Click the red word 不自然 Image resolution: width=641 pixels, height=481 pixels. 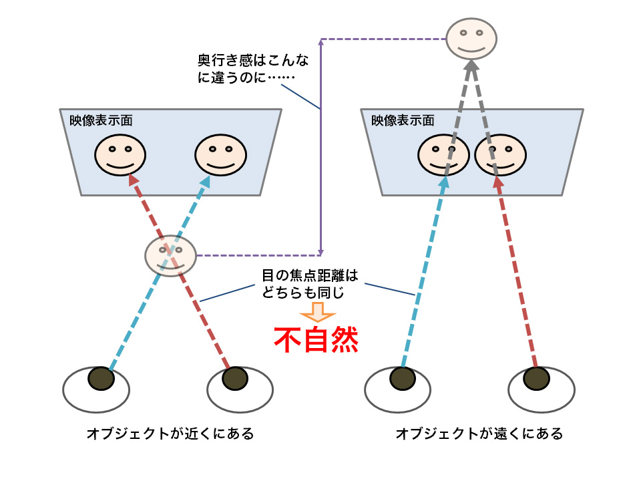pyautogui.click(x=316, y=340)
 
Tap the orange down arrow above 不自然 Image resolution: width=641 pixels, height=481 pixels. pyautogui.click(x=316, y=313)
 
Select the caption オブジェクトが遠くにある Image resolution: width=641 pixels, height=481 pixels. pyautogui.click(x=479, y=434)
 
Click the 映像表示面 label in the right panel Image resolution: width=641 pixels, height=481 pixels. pyautogui.click(x=403, y=121)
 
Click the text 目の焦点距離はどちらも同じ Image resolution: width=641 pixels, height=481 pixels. pyautogui.click(x=305, y=283)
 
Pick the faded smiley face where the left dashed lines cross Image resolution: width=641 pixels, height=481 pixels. pyautogui.click(x=171, y=255)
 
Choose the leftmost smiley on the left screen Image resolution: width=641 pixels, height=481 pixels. pyautogui.click(x=120, y=155)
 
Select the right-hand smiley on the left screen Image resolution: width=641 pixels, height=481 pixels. pyautogui.click(x=220, y=155)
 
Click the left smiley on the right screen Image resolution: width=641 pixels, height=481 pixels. pyautogui.click(x=443, y=155)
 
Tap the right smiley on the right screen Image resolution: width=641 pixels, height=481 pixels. pyautogui.click(x=500, y=155)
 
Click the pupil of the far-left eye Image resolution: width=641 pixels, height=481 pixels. pyautogui.click(x=101, y=378)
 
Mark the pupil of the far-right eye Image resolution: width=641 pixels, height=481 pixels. pyautogui.click(x=536, y=378)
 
